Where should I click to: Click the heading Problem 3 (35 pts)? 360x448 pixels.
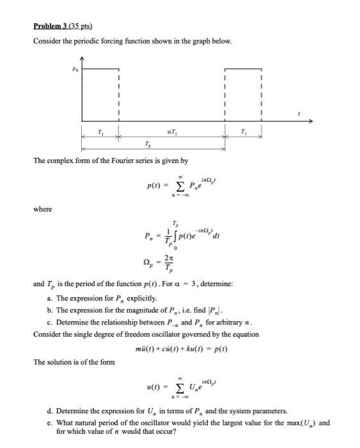click(63, 26)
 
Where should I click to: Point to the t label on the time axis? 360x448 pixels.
click(298, 113)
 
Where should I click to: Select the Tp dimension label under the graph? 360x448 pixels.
click(148, 144)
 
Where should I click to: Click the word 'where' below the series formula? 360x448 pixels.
click(43, 209)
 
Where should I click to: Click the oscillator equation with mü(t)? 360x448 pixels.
click(182, 349)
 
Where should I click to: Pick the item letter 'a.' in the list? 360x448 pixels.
click(50, 299)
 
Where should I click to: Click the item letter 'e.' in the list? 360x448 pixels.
click(50, 422)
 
